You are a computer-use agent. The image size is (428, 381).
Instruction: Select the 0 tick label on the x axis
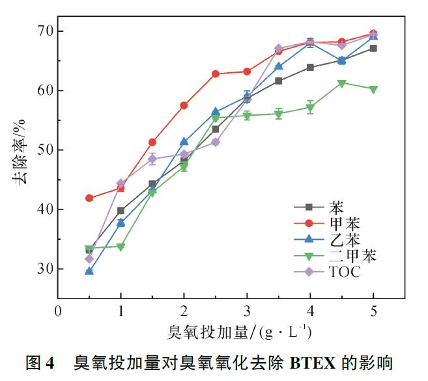coord(58,311)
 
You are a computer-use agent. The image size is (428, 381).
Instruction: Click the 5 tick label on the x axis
coord(373,311)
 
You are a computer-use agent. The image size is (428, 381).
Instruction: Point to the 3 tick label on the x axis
coord(247,311)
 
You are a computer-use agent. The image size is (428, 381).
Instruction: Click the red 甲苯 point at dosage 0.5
coord(89,198)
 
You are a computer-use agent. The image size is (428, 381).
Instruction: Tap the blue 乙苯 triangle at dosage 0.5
coord(89,271)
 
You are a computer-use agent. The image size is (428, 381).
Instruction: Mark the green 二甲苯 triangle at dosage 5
coord(373,89)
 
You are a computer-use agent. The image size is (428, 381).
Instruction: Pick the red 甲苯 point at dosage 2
coord(184,105)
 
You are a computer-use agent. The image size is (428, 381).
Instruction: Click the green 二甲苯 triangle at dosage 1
coord(121,246)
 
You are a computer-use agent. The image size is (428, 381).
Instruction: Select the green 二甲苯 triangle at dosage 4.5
coord(341,83)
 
